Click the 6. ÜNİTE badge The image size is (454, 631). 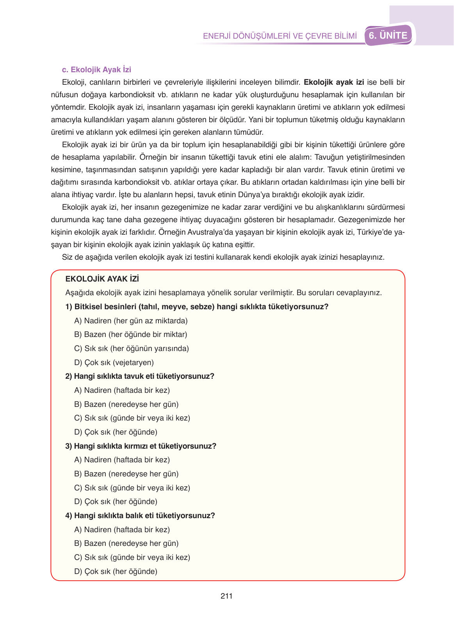click(x=388, y=36)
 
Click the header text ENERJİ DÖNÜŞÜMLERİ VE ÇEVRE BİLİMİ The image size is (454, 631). click(x=280, y=36)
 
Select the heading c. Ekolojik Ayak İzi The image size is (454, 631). click(x=96, y=70)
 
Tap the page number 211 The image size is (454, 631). click(x=226, y=596)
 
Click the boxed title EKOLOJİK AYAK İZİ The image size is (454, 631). click(x=102, y=279)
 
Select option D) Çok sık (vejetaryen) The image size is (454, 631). click(x=114, y=362)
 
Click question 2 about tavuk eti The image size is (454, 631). click(x=140, y=376)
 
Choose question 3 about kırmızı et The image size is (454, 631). click(x=141, y=446)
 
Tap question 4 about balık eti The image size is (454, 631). click(x=140, y=515)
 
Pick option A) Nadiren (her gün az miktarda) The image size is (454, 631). click(x=131, y=321)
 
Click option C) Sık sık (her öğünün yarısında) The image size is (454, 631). click(x=132, y=348)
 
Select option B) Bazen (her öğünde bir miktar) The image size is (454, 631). click(x=131, y=334)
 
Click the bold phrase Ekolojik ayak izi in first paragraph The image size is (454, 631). click(x=334, y=82)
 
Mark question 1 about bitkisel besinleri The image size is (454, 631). click(x=197, y=307)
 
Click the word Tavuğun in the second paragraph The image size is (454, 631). click(x=329, y=157)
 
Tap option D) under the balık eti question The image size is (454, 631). click(x=116, y=571)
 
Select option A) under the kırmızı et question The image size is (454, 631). click(x=122, y=460)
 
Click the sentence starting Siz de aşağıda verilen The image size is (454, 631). click(x=223, y=257)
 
